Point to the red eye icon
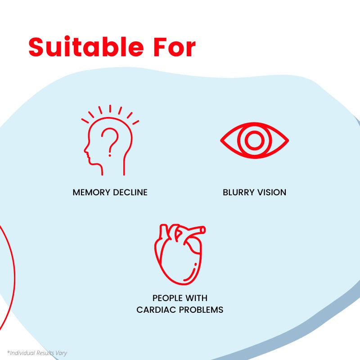click(254, 140)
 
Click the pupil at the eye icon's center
click(254, 140)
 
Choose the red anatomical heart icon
click(179, 255)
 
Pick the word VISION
click(271, 193)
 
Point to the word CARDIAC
click(156, 310)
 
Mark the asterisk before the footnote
click(8, 352)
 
